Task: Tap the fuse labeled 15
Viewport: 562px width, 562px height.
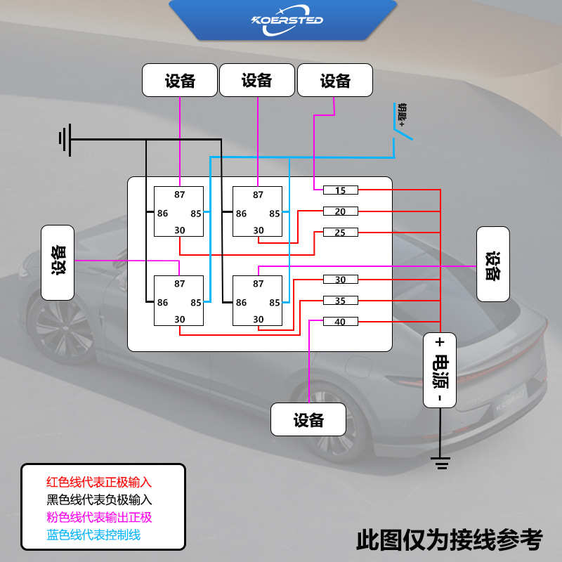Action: click(340, 190)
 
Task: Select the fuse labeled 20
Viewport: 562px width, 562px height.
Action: click(340, 211)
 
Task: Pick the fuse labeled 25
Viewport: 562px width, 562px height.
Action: click(340, 233)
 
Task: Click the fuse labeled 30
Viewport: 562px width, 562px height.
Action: click(340, 280)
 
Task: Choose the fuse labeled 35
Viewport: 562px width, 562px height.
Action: click(340, 301)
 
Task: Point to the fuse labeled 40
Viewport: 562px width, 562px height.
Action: click(340, 322)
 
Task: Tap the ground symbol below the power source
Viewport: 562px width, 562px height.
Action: click(440, 462)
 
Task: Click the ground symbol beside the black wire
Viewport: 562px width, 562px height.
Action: click(65, 140)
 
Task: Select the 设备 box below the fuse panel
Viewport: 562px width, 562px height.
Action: click(308, 419)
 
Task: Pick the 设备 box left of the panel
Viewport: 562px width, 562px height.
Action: click(58, 262)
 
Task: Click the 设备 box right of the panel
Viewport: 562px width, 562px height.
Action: click(492, 263)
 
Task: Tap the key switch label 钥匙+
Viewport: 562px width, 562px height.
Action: click(403, 113)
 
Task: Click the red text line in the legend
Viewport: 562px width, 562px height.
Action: click(99, 483)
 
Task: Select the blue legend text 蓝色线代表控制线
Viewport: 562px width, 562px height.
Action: click(93, 535)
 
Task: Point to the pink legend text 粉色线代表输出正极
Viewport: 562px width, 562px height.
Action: click(99, 517)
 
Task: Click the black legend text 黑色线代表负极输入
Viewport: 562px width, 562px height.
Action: click(99, 500)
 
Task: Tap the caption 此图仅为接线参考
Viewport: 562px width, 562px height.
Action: click(450, 540)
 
